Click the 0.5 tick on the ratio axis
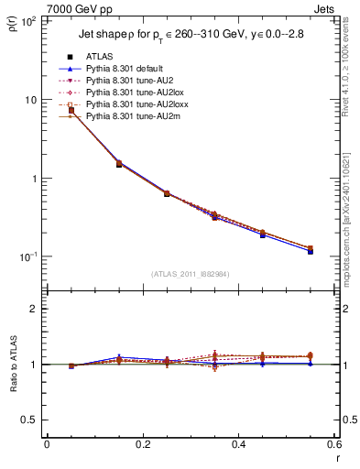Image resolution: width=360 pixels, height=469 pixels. point(30,420)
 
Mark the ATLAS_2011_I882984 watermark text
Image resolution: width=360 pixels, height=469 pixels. point(190,274)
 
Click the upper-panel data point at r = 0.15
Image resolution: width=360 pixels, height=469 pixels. point(119,164)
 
